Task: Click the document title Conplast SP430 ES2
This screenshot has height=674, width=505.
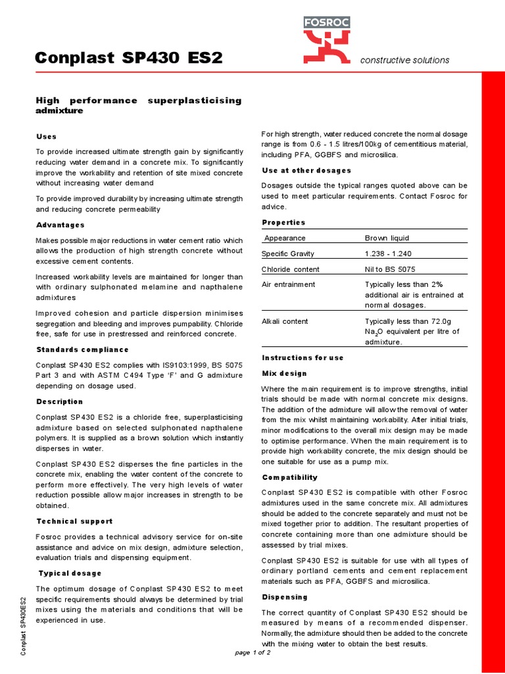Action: pyautogui.click(x=129, y=59)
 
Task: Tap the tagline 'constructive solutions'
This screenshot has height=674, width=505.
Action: pyautogui.click(x=404, y=60)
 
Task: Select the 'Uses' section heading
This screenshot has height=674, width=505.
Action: pyautogui.click(x=46, y=136)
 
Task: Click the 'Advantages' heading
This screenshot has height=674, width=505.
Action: pyautogui.click(x=60, y=225)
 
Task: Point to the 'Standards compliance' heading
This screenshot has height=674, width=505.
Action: pyautogui.click(x=82, y=350)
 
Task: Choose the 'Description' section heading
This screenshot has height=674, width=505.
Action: pyautogui.click(x=59, y=402)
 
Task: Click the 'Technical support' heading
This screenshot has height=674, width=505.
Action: pyautogui.click(x=74, y=521)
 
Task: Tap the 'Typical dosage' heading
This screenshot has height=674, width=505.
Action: pyautogui.click(x=70, y=573)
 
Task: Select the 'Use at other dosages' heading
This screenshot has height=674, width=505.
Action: pyautogui.click(x=306, y=170)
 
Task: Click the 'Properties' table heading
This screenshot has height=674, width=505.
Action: pyautogui.click(x=283, y=222)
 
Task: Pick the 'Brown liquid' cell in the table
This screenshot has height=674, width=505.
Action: pyautogui.click(x=387, y=238)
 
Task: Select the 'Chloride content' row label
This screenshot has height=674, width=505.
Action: pyautogui.click(x=291, y=269)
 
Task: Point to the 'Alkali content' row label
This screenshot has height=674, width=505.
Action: pyautogui.click(x=285, y=321)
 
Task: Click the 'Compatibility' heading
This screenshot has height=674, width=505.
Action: pyautogui.click(x=289, y=477)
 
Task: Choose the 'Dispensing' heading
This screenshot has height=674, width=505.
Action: pyautogui.click(x=285, y=597)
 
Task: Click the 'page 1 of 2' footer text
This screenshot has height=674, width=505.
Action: pyautogui.click(x=252, y=652)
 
